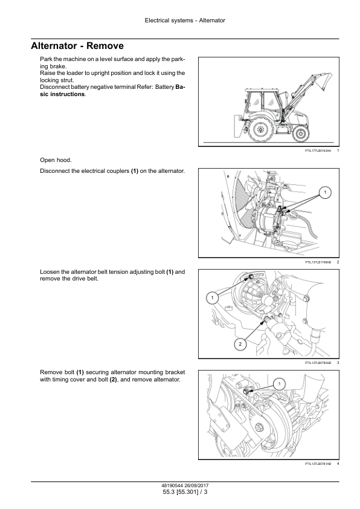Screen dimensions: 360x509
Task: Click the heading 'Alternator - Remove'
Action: coord(77,46)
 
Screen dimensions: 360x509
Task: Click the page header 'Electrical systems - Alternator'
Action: coord(185,21)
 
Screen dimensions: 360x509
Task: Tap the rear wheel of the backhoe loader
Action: coord(260,130)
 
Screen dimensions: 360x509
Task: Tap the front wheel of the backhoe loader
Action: coord(301,132)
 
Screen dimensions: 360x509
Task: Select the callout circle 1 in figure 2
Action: coord(325,192)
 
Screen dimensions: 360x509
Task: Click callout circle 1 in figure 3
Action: coord(213,297)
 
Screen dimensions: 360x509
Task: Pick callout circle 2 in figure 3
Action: coord(240,344)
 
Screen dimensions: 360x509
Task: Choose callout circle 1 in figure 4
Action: coord(280,384)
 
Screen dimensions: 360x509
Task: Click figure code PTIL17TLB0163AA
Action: coord(318,151)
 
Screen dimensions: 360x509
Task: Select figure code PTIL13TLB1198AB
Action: coord(318,262)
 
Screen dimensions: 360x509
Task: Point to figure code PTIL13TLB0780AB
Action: coord(318,363)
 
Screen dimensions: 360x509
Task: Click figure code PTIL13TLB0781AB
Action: coord(318,464)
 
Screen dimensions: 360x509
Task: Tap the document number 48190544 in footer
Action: coord(172,486)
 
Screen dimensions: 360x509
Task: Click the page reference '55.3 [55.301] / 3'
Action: coord(185,492)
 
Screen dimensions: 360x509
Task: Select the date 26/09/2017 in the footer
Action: coord(197,486)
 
